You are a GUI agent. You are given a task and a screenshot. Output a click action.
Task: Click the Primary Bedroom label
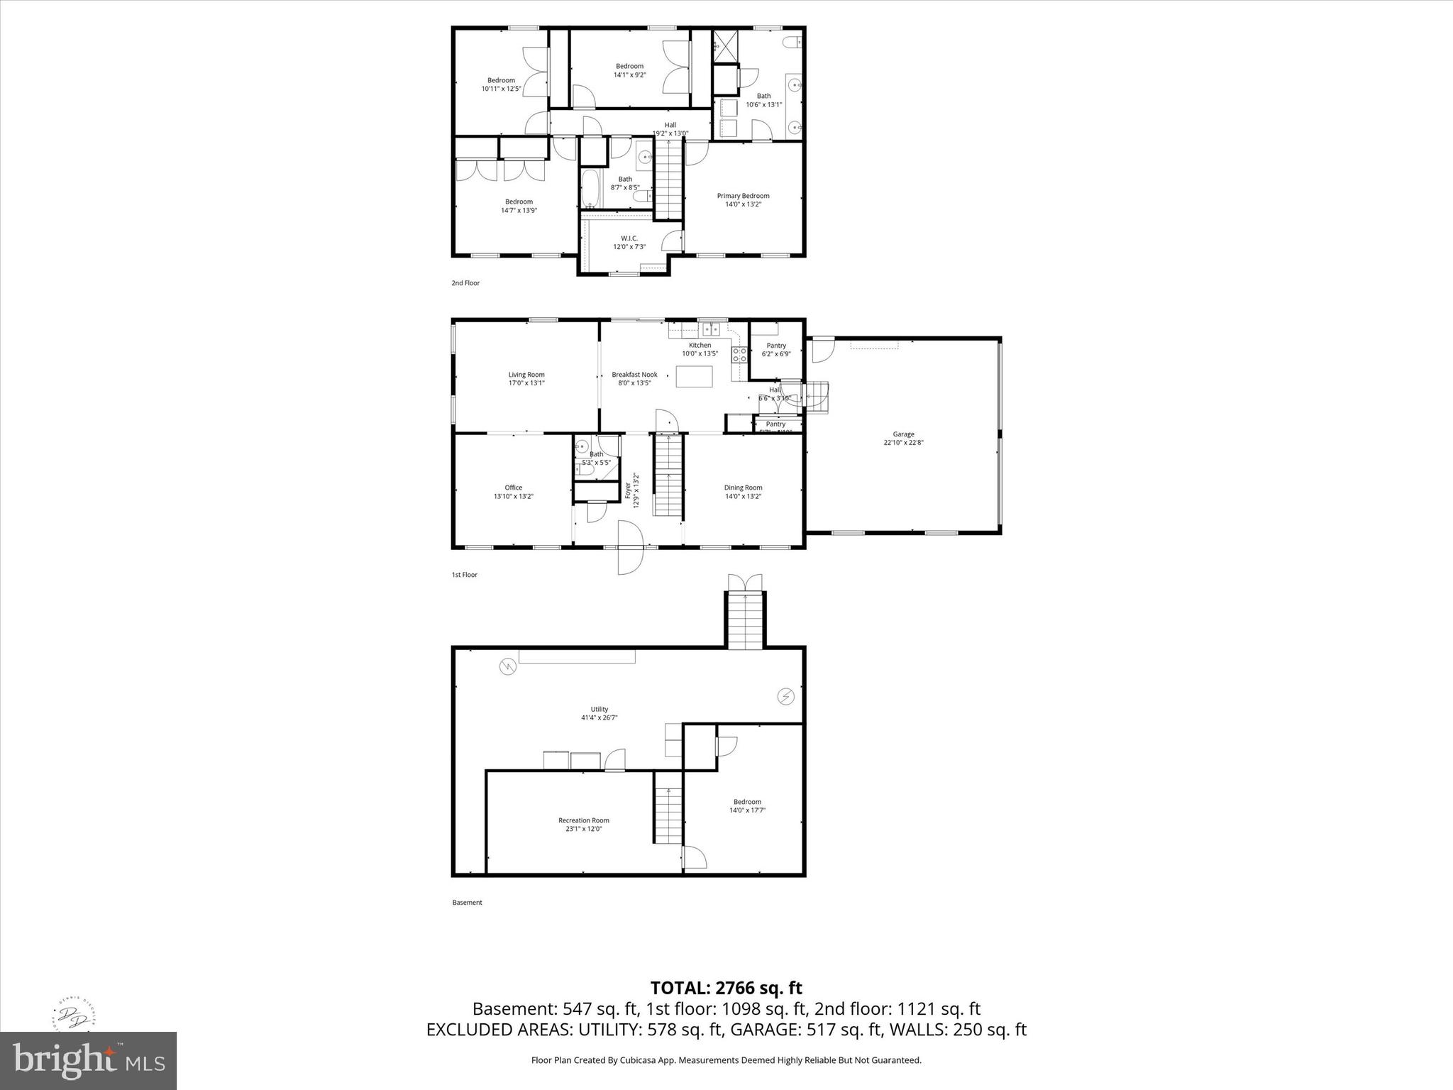coord(743,196)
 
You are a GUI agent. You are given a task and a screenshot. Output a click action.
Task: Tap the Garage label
coord(903,434)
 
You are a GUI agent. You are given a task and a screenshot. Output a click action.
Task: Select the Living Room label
coord(526,375)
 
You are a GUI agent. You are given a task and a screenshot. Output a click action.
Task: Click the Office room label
coord(514,488)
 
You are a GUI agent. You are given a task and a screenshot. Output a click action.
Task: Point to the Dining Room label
coord(743,488)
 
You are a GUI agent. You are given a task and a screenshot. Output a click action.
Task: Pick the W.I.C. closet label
coord(629,238)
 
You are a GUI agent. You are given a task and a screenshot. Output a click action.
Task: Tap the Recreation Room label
coord(583,820)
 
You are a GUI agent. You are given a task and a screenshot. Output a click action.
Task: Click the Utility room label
coord(600,709)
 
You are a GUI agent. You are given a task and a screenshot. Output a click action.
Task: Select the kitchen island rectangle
coord(694,376)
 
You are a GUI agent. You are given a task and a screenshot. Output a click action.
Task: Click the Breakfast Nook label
coord(634,375)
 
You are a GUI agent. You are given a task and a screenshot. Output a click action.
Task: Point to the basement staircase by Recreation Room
coord(668,815)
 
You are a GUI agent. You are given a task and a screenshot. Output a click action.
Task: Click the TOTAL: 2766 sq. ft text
coord(726,988)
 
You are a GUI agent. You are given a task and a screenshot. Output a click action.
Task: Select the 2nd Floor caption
coord(465,283)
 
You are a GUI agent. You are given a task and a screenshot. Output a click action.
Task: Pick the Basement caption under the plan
coord(467,903)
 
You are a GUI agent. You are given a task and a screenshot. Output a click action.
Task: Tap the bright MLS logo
coord(88,1060)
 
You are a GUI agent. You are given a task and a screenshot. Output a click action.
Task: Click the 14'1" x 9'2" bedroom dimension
coord(629,75)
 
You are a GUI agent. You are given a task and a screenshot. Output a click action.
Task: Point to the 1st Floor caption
coord(465,575)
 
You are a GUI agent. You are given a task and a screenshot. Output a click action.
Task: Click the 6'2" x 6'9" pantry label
coord(776,354)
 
